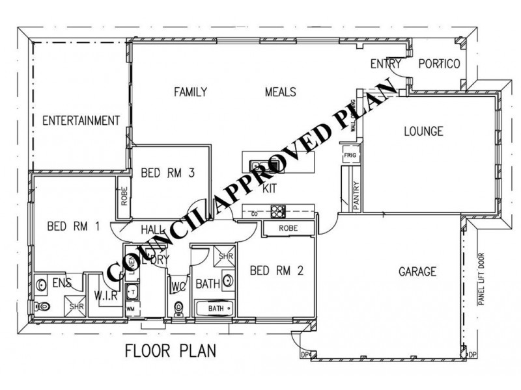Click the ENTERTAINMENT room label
[x=81, y=120]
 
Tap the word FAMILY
[x=190, y=92]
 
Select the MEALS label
[x=281, y=92]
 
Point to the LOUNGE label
[x=423, y=131]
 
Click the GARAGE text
[x=417, y=271]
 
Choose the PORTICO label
[x=439, y=64]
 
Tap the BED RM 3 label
[x=169, y=172]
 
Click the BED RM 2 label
[x=276, y=270]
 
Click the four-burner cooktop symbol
[x=278, y=211]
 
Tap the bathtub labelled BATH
[x=216, y=308]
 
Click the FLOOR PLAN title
[x=171, y=351]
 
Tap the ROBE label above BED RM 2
[x=288, y=228]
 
